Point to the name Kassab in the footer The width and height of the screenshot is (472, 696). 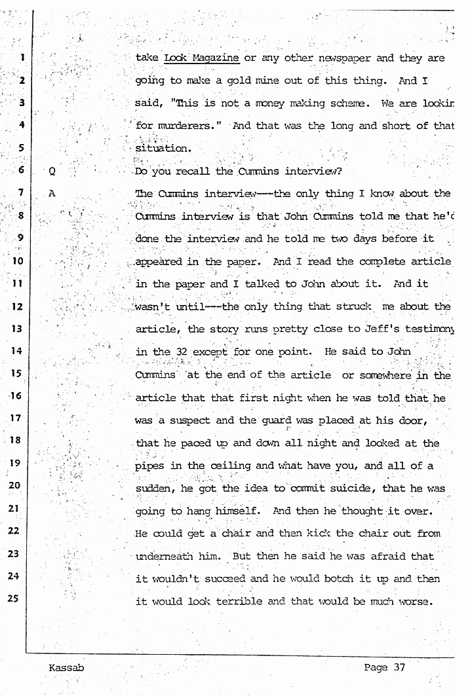point(66,669)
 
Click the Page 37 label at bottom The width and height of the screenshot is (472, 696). point(385,668)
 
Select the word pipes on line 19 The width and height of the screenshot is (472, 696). point(149,466)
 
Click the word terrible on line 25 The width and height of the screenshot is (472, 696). point(235,601)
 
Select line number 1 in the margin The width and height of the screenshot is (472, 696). point(22,58)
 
